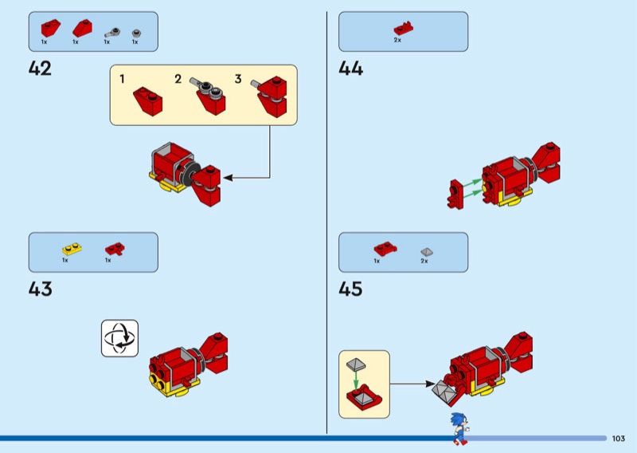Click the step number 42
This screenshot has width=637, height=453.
click(40, 69)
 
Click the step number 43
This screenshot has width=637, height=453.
click(40, 288)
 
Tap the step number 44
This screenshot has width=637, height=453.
click(350, 69)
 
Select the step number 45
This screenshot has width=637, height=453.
click(350, 288)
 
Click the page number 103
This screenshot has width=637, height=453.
click(619, 439)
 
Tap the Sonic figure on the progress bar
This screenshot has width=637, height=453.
click(458, 428)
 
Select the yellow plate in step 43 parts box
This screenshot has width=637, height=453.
click(69, 249)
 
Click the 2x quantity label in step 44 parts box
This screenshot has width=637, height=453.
click(397, 39)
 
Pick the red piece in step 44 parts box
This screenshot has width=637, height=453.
click(403, 28)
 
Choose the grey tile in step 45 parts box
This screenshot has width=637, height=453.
click(425, 251)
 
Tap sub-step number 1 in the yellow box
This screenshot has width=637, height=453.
click(122, 79)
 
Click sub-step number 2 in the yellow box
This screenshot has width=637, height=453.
click(178, 79)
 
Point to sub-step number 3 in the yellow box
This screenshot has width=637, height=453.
click(237, 79)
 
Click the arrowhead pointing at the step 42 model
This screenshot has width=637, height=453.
click(227, 178)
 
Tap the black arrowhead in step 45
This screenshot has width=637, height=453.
click(427, 384)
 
